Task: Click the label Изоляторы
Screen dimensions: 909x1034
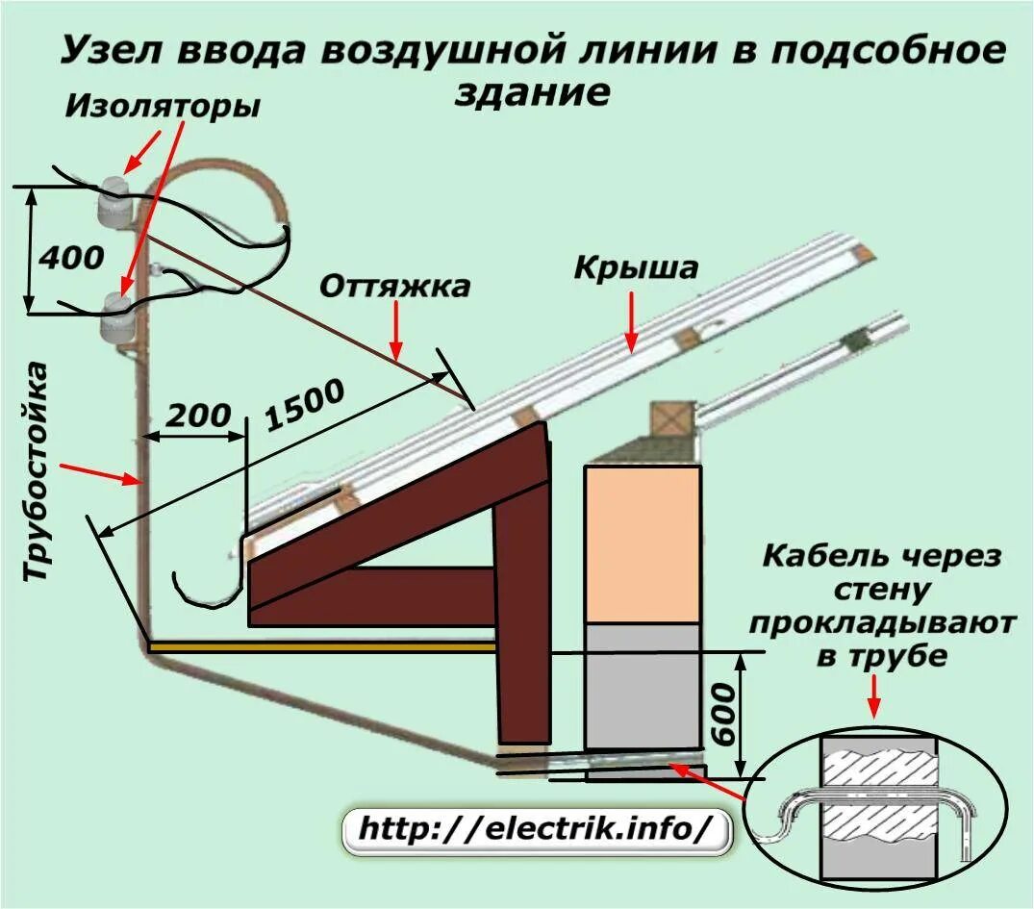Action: [x=163, y=106]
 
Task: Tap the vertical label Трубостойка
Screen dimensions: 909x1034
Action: [x=37, y=471]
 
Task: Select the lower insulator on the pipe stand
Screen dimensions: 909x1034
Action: [x=116, y=318]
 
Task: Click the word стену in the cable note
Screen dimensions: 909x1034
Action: [x=881, y=590]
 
